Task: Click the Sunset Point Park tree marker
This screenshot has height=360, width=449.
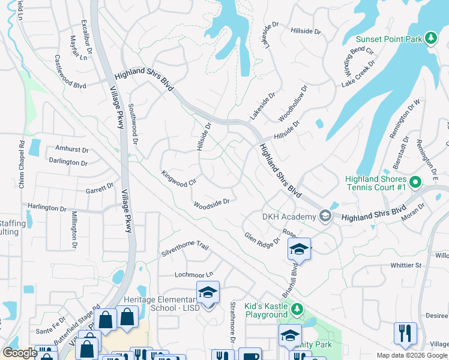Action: pyautogui.click(x=430, y=38)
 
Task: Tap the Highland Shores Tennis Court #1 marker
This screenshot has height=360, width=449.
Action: pyautogui.click(x=414, y=180)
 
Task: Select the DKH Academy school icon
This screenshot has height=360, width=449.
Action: pyautogui.click(x=325, y=216)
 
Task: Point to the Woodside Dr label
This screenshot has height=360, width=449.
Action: pyautogui.click(x=212, y=204)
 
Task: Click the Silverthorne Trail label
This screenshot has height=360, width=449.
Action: pyautogui.click(x=184, y=250)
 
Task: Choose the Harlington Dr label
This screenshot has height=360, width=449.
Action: pyautogui.click(x=47, y=208)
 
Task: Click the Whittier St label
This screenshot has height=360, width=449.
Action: pyautogui.click(x=406, y=265)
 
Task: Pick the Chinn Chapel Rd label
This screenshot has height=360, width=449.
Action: pyautogui.click(x=21, y=163)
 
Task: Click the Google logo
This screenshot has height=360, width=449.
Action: pyautogui.click(x=20, y=353)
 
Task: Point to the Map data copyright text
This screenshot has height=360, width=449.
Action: pyautogui.click(x=412, y=355)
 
